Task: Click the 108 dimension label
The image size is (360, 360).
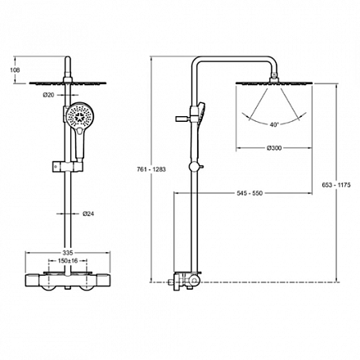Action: coord(15,70)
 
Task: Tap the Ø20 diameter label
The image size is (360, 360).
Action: coord(48,95)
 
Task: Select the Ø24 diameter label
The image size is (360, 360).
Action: coord(88,214)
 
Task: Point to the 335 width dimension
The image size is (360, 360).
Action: coord(68,253)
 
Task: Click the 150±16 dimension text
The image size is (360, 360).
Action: coord(68,261)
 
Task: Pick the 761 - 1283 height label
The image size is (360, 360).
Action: coord(151,169)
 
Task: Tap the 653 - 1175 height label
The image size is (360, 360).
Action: coord(336,185)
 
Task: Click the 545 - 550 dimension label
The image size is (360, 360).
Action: coord(250,193)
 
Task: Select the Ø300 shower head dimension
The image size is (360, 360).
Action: coord(274,148)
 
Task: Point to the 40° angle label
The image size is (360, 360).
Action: coord(274,124)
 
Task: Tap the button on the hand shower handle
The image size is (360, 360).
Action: coord(79,132)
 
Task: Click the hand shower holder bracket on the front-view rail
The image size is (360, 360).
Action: coord(67,167)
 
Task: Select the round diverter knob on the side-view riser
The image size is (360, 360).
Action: coord(193,167)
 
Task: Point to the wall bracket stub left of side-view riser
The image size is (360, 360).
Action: coord(182,119)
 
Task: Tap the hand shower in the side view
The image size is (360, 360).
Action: coord(200,113)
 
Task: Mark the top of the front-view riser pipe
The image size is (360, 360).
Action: coord(68,57)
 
